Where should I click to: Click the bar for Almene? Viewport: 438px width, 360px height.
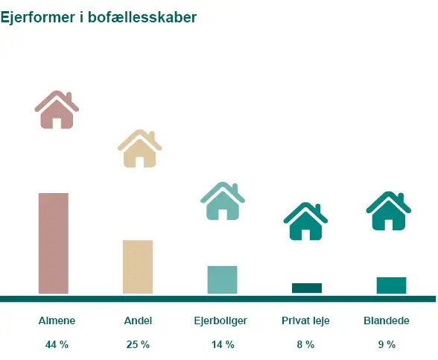tap(54, 243)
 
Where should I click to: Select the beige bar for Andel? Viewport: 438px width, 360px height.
tap(138, 266)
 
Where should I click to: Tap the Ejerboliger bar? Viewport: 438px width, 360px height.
tap(222, 280)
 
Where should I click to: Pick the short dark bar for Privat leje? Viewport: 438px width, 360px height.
tap(307, 288)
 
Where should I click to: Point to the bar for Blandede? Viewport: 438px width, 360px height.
tap(391, 285)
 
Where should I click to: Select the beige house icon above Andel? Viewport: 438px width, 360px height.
tap(139, 148)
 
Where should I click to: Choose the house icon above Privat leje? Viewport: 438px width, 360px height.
tap(305, 221)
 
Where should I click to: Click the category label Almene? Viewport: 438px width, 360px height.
tap(57, 321)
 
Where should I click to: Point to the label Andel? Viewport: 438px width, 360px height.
tap(138, 321)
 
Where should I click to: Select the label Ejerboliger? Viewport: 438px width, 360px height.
tap(220, 321)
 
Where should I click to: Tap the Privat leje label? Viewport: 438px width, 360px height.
tap(305, 321)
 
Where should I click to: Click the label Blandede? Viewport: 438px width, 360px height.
tap(387, 321)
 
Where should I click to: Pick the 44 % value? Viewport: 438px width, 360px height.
tap(57, 344)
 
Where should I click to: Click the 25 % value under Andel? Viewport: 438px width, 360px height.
tap(138, 344)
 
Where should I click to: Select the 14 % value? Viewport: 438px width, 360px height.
tap(223, 344)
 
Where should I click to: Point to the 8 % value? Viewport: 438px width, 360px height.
tap(305, 344)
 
